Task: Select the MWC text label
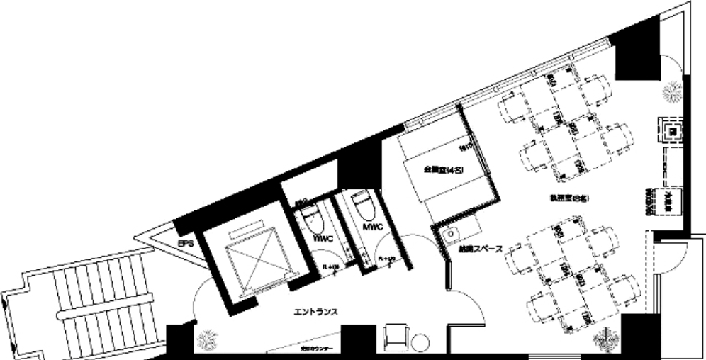pos(372,228)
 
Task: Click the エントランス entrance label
pos(315,311)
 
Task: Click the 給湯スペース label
pos(480,249)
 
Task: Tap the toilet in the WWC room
pos(309,215)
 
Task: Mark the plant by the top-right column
pos(669,93)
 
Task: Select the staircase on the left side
pos(85,305)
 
